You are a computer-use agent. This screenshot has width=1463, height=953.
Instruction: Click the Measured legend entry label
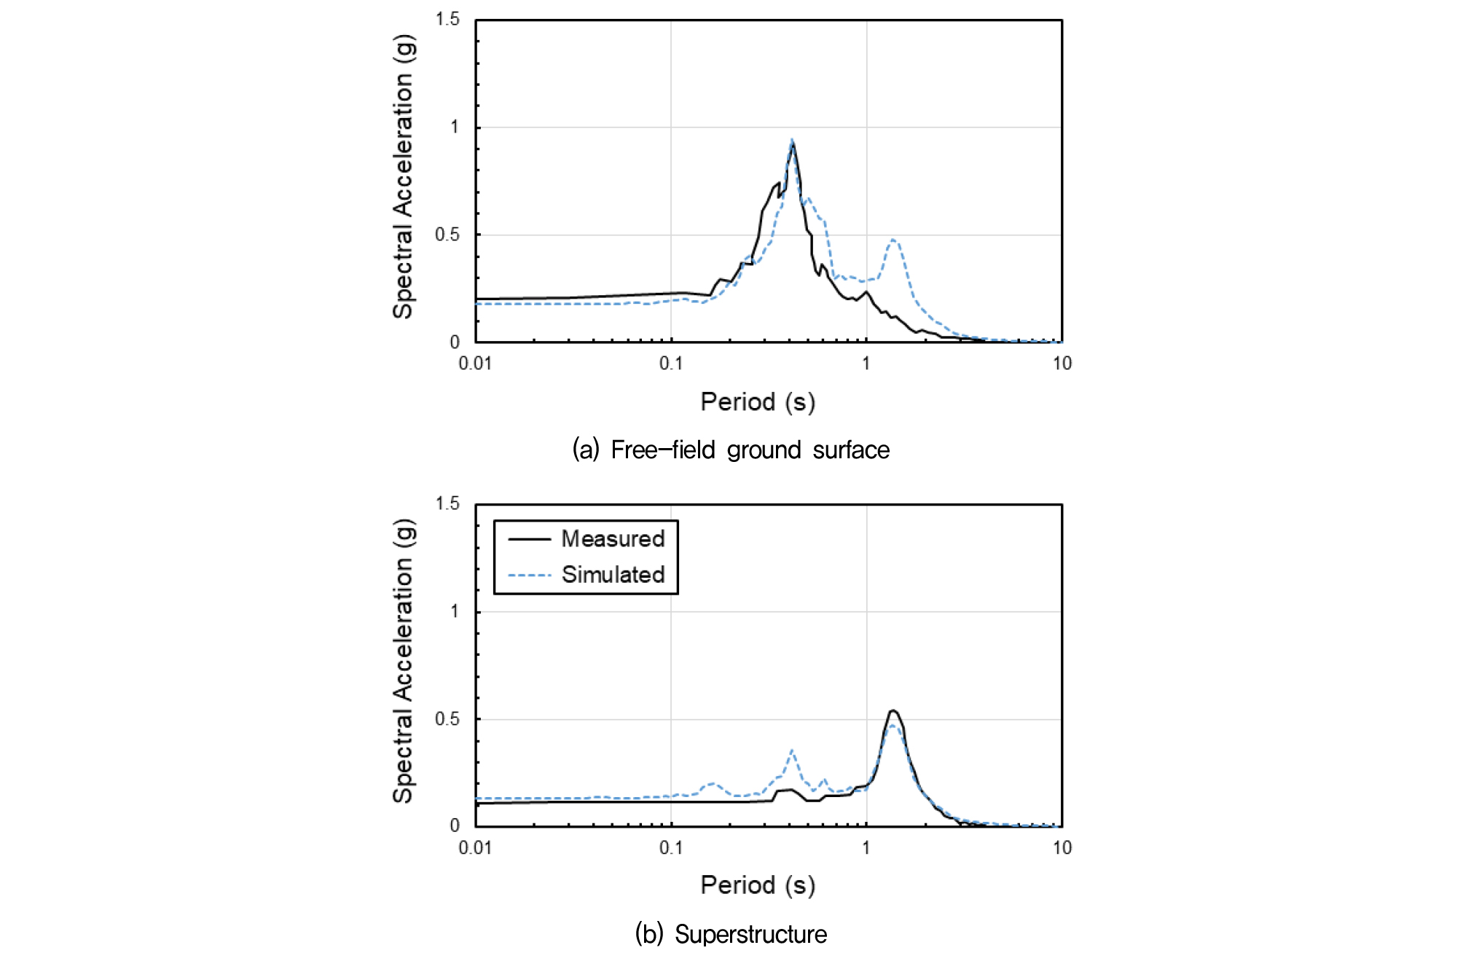[613, 539]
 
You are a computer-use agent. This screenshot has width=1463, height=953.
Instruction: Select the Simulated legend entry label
[613, 575]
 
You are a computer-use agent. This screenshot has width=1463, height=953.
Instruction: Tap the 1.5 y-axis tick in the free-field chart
[447, 20]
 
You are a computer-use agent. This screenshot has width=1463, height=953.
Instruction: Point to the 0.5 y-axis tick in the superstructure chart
[447, 719]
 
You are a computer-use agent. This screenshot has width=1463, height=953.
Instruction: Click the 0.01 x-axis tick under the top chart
[475, 363]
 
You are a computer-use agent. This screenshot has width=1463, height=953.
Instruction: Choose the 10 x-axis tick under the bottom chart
[1062, 847]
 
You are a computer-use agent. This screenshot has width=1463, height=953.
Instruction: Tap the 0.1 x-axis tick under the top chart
[671, 363]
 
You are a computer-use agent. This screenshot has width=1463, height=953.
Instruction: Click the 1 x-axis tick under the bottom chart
[866, 847]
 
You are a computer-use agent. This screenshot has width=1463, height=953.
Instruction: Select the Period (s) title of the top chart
[758, 401]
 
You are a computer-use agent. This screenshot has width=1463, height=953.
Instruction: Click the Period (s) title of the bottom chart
[758, 885]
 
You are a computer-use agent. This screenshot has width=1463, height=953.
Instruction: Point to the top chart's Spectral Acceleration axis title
[403, 176]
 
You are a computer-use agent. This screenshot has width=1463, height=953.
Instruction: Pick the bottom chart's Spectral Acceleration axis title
[403, 661]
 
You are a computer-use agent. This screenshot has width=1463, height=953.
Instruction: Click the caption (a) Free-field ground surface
[731, 450]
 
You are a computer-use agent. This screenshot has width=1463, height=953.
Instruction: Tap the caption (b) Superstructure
[731, 934]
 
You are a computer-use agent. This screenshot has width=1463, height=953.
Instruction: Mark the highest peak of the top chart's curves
[792, 141]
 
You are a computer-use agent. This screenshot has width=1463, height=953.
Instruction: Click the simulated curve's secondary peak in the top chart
[893, 240]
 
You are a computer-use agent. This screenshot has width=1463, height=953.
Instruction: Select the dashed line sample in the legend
[530, 576]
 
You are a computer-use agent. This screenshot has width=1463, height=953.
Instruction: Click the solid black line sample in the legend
[530, 539]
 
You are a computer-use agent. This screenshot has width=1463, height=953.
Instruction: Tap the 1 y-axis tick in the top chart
[455, 128]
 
